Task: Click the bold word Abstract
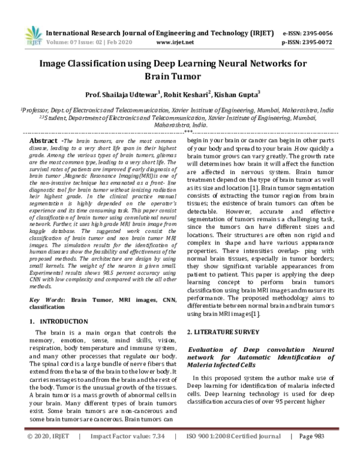[x=44, y=139]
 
